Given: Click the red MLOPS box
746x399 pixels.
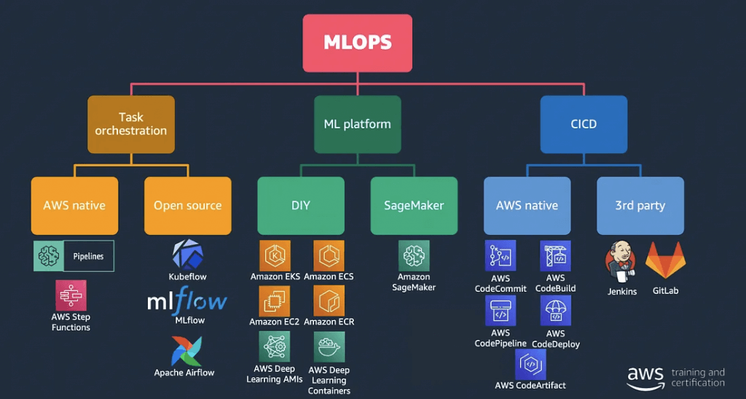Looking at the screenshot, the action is point(357,43).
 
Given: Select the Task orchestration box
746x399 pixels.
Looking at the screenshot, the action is point(131,124).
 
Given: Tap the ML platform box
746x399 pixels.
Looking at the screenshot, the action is point(357,124).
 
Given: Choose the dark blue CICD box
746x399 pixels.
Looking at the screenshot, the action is point(584,124).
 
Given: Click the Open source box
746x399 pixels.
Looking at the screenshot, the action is point(188,206).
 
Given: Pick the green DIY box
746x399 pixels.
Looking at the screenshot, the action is point(301,206).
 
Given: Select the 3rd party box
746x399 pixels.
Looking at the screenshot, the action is point(640,206).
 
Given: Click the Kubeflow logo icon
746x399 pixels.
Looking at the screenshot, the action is point(187,255).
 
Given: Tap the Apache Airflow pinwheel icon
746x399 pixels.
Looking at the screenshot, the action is point(186,352).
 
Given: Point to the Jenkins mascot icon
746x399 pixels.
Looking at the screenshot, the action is point(621,262).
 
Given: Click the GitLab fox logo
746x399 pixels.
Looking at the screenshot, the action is point(665,260).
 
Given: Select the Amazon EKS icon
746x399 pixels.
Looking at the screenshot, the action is point(275,256).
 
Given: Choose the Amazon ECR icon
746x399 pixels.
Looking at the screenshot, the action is point(329,301).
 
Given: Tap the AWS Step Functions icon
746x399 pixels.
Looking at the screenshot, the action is point(71,295).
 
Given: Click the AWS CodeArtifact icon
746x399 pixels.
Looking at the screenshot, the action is point(530,365).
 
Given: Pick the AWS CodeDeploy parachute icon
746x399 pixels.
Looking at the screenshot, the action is point(555,311).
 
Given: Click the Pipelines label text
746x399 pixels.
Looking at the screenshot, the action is point(88,256).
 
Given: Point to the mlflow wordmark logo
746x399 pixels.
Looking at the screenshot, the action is point(187,301).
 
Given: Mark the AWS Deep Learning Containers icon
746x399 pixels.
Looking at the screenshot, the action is point(329,347).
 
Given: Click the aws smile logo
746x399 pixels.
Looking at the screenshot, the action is point(645,378).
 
